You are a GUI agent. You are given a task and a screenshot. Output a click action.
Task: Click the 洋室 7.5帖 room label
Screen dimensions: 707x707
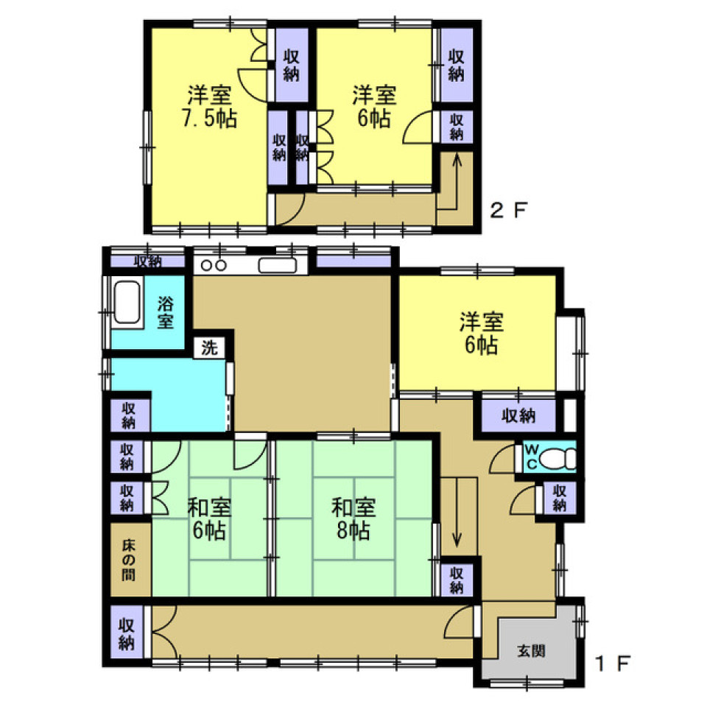pos(210,106)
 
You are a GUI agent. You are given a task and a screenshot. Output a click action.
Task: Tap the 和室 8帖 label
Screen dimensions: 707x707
pos(353,519)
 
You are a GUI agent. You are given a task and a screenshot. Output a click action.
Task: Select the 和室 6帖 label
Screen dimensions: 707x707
pos(210,519)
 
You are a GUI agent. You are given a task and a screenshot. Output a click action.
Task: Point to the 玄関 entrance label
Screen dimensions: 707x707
pos(532,650)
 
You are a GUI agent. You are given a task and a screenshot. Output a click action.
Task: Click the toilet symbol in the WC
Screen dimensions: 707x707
pos(557,460)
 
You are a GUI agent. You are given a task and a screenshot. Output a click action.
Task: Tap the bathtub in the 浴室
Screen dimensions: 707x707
pos(127,302)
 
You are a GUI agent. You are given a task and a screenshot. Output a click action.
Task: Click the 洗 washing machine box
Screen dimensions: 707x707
pos(209,348)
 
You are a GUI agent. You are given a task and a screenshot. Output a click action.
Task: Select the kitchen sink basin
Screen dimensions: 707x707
pos(278,266)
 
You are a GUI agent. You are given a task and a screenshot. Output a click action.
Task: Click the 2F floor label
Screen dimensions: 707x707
pos(508,210)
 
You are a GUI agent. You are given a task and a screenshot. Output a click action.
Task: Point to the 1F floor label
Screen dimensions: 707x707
pos(612,663)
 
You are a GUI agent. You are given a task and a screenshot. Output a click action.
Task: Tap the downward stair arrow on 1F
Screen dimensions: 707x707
pos(457,513)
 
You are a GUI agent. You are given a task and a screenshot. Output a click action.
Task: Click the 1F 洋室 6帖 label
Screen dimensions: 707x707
pos(482,334)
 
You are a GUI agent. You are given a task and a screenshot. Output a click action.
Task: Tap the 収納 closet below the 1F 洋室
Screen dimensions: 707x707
pos(518,415)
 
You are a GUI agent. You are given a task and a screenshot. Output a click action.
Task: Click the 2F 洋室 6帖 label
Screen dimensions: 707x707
pos(374,106)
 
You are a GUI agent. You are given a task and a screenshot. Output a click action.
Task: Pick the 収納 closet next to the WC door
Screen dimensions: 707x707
pos(559,498)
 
